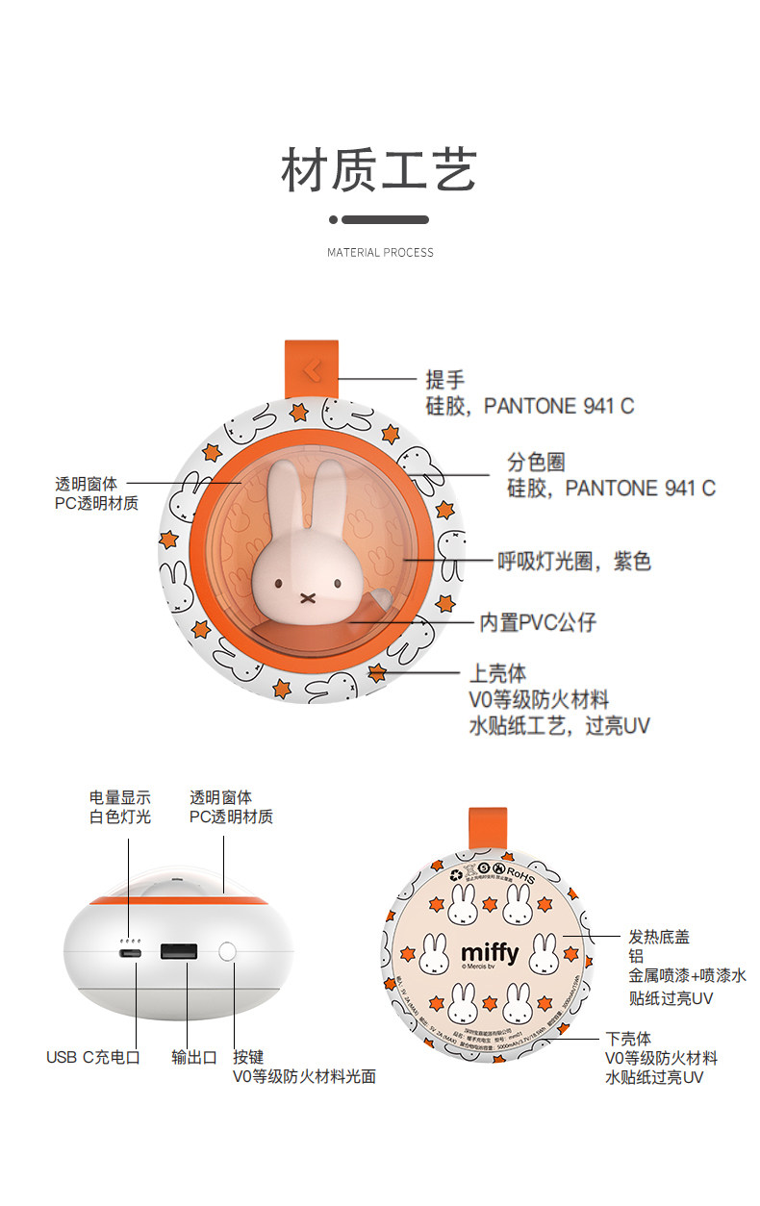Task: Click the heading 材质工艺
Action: [x=379, y=171]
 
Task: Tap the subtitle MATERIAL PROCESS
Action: [x=380, y=253]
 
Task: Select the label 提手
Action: [x=445, y=380]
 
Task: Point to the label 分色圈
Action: [x=535, y=463]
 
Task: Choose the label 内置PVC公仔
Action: [x=538, y=622]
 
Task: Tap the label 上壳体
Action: [x=497, y=673]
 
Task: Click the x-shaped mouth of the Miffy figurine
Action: [x=307, y=596]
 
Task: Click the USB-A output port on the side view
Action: [x=180, y=953]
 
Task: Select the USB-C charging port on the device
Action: [x=130, y=953]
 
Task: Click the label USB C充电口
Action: [x=93, y=1057]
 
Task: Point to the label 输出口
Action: [x=194, y=1057]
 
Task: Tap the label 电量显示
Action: [x=120, y=797]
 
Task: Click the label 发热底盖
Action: [x=659, y=936]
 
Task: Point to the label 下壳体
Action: [x=628, y=1039]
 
